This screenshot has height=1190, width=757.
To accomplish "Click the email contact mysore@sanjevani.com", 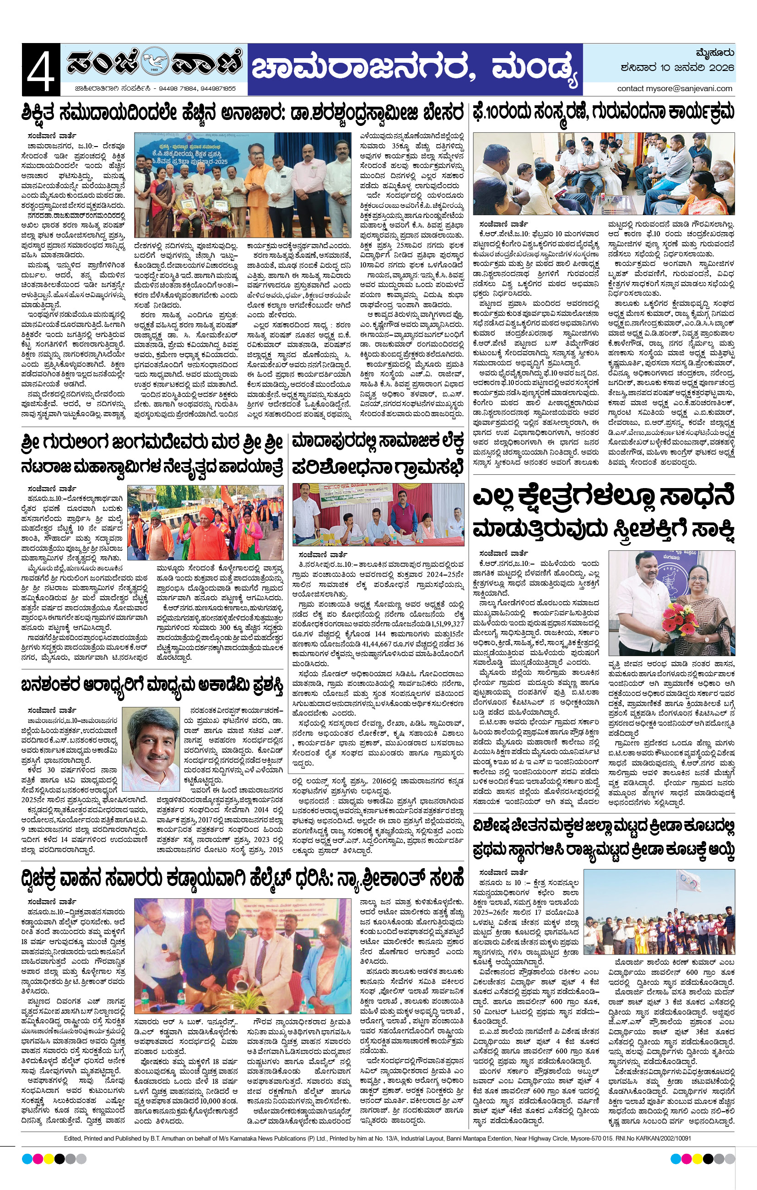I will [675, 88].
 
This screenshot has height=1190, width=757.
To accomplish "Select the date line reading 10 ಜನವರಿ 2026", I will [677, 68].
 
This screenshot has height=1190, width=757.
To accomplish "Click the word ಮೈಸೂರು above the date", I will [714, 53].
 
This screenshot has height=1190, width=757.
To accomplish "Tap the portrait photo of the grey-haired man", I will [150, 742].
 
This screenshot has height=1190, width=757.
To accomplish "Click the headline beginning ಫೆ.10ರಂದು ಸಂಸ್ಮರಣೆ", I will [603, 112].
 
